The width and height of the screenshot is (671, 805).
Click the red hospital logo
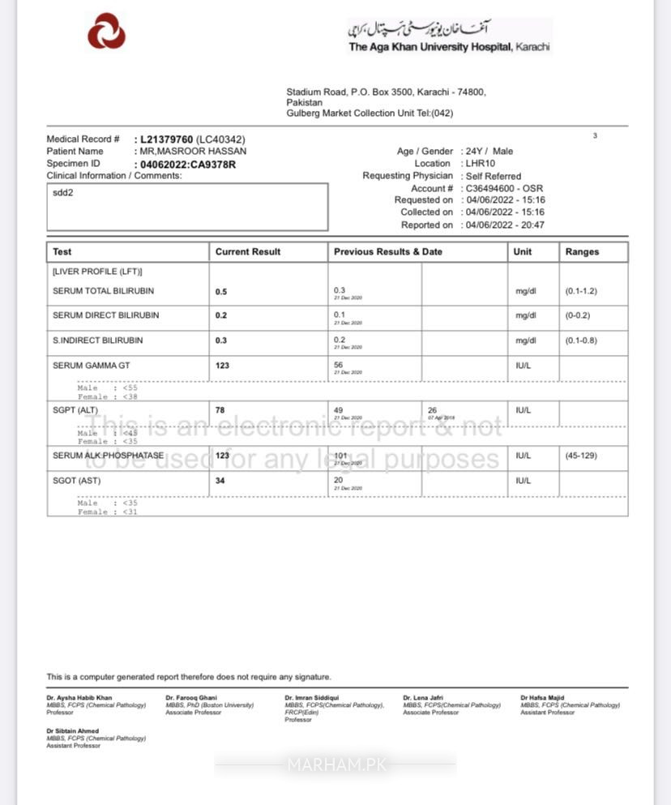(x=106, y=31)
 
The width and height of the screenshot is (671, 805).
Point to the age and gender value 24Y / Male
(x=489, y=151)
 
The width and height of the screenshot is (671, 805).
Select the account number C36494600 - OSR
(x=505, y=188)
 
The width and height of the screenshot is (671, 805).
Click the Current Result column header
(x=248, y=252)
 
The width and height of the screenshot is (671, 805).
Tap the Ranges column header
(x=582, y=252)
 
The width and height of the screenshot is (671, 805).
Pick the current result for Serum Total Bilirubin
(x=221, y=291)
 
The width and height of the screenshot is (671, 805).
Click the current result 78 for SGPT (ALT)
(x=220, y=410)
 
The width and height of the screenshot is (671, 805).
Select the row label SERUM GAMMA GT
(x=91, y=366)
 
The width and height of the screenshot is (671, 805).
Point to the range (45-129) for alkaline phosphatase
(x=581, y=456)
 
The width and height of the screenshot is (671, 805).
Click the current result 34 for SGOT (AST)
(x=220, y=481)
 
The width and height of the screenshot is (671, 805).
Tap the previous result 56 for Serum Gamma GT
(x=339, y=366)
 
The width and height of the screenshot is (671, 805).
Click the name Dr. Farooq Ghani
(x=191, y=697)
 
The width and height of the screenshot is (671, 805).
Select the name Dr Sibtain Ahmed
(x=73, y=731)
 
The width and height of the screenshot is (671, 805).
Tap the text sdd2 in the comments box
(x=63, y=194)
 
